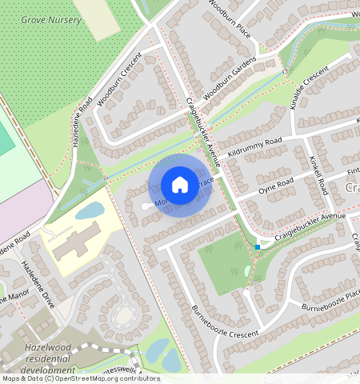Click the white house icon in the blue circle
click(x=180, y=185)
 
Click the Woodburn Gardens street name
click(x=230, y=78)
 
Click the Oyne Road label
click(x=277, y=187)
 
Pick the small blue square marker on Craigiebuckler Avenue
click(x=258, y=246)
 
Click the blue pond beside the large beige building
click(x=89, y=210)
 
